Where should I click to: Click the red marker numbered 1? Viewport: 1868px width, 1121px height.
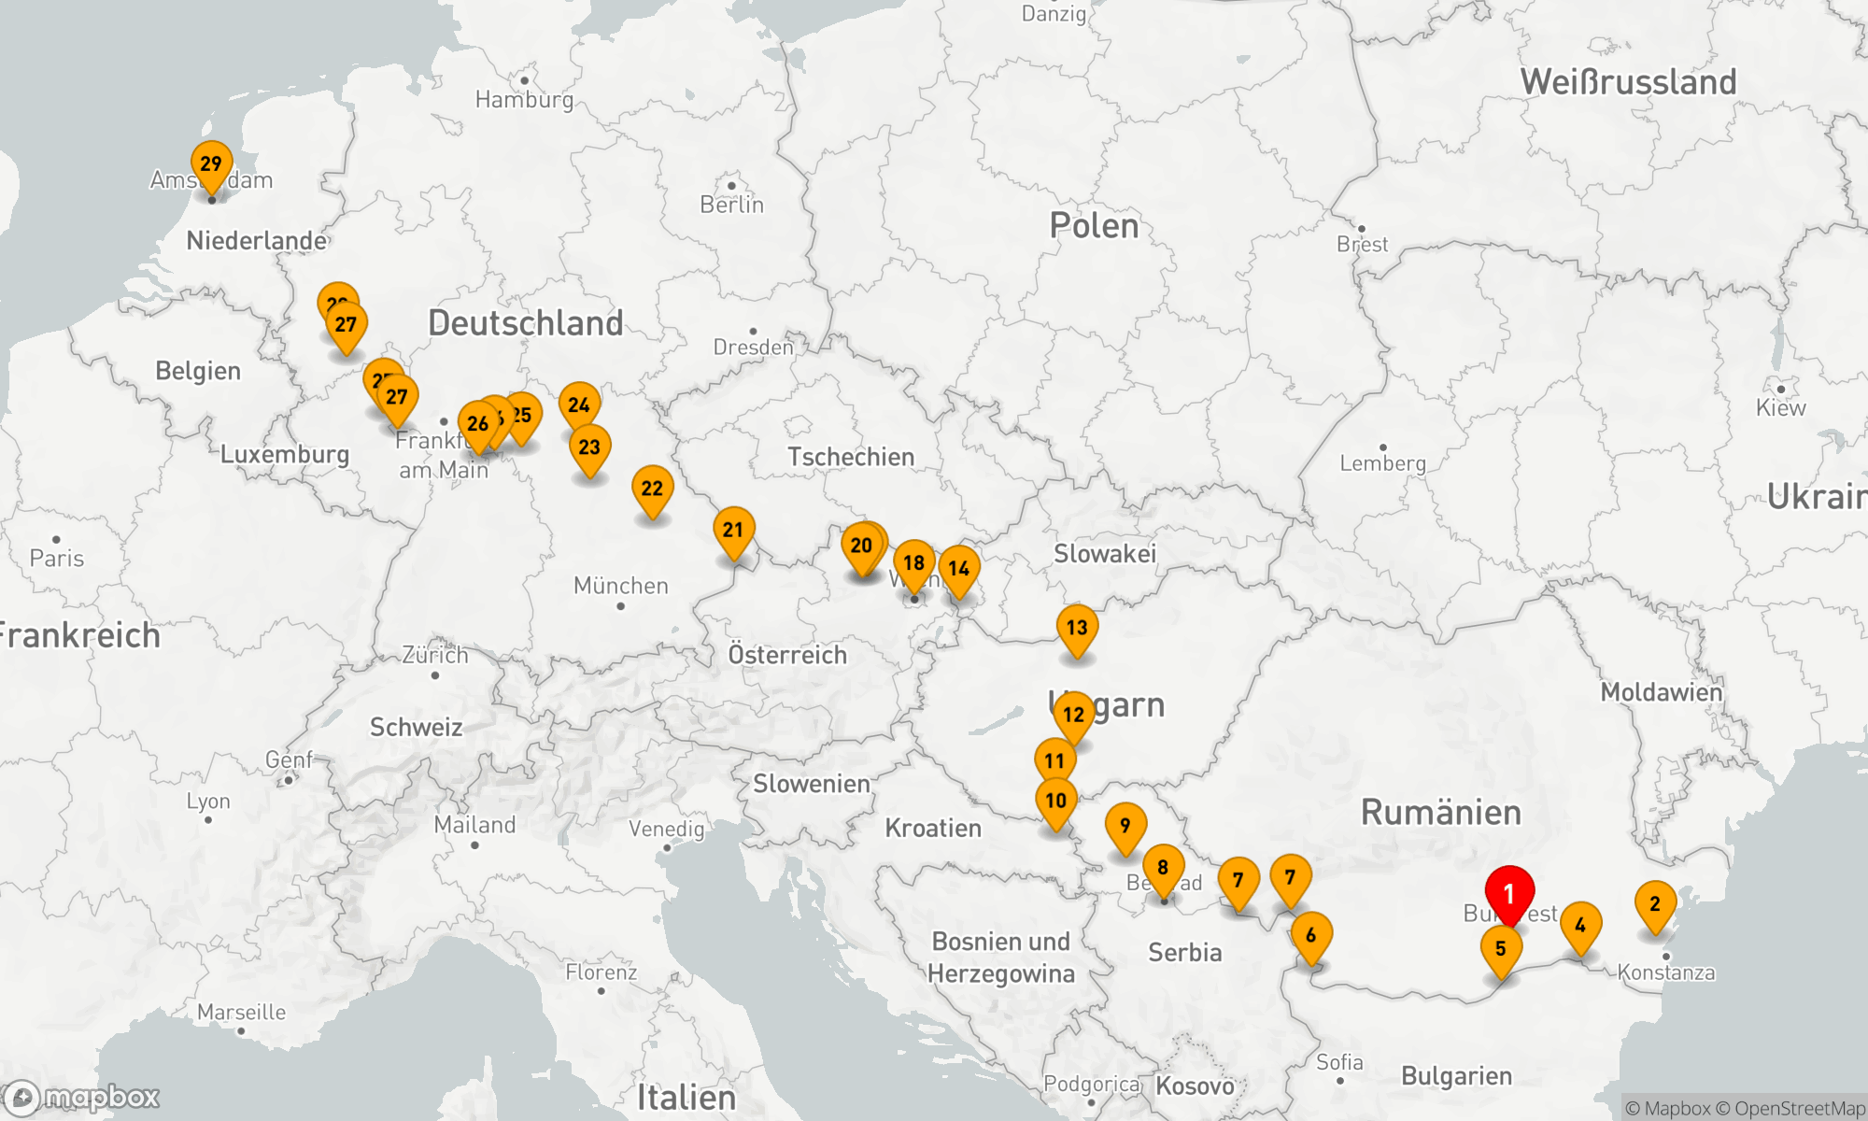(1509, 894)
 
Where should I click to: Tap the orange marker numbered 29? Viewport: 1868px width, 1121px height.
(211, 164)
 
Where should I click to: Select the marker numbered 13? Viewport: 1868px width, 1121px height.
(1077, 628)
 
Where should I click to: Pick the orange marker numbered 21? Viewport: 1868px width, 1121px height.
(733, 531)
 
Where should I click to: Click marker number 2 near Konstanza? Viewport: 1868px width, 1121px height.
(1655, 904)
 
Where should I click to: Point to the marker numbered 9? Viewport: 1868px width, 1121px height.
(1125, 826)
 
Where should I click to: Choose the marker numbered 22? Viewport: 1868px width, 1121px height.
(652, 489)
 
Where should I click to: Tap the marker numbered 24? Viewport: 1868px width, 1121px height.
(579, 405)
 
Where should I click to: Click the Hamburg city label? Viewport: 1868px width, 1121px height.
(524, 99)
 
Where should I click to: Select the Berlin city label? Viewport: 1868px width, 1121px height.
(731, 205)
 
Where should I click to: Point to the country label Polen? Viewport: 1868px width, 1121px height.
(1094, 226)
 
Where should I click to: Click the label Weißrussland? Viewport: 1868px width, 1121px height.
(1628, 82)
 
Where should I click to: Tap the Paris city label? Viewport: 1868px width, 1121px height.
(56, 559)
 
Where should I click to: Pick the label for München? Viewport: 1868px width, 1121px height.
(620, 586)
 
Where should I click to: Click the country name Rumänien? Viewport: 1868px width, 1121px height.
(1440, 813)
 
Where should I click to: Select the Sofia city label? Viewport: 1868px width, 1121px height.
(1339, 1062)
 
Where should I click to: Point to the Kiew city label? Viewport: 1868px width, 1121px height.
(1780, 408)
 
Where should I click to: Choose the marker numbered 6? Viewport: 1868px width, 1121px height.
(1311, 935)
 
